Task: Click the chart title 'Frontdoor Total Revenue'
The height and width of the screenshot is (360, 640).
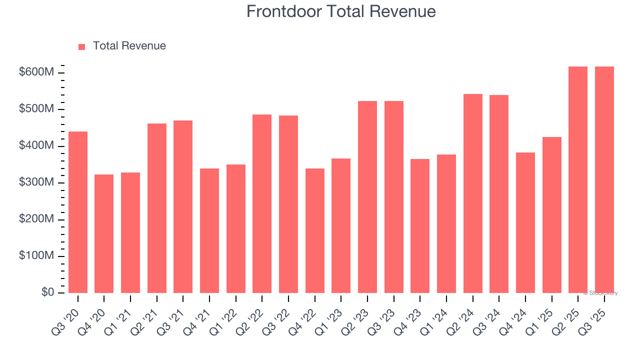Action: point(341,11)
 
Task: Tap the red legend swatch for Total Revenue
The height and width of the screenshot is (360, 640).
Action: point(82,46)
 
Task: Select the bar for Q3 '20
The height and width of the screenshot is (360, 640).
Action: point(78,212)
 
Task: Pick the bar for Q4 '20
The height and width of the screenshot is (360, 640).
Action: point(104,233)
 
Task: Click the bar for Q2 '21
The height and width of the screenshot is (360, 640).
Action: point(157,208)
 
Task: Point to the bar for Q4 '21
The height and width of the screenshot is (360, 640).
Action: point(209,230)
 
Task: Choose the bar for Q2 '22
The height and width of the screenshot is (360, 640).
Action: point(262,203)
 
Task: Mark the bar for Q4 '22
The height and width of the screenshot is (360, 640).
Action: point(315,230)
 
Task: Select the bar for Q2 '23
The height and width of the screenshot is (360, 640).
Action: point(367,197)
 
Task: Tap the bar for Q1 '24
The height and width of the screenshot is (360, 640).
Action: point(446,223)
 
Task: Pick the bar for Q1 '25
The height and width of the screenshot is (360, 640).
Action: point(552,215)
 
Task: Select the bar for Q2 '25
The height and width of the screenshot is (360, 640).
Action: point(578,179)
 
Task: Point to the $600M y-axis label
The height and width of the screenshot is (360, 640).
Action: point(36,72)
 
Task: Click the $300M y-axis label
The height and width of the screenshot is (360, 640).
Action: point(36,182)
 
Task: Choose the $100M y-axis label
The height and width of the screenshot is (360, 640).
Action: point(36,256)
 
